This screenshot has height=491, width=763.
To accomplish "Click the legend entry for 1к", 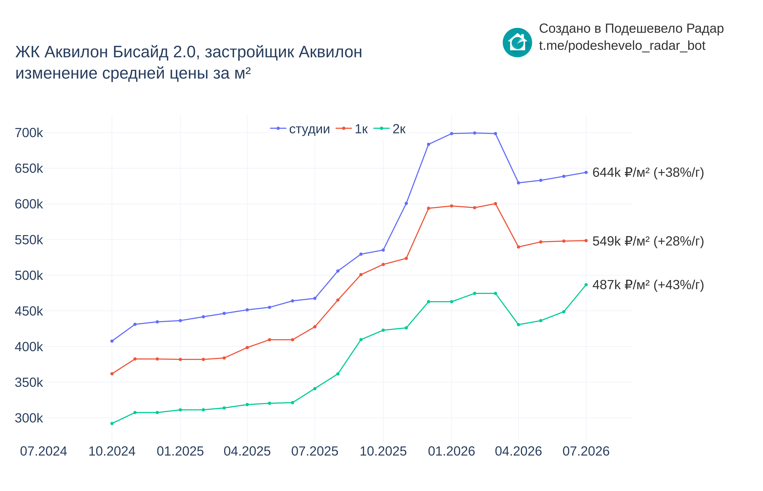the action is point(352,129).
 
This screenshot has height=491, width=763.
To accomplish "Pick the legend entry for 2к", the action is point(389,129).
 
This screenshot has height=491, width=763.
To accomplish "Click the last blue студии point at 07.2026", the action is point(586,173).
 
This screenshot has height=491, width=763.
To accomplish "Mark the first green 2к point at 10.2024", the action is point(112,423).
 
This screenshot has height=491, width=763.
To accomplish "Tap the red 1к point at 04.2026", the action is point(518,247).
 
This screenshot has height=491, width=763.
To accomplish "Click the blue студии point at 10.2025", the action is point(383,250).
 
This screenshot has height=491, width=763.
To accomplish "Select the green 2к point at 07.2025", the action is point(315,389).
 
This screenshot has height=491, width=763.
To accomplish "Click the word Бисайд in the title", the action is point(140,52).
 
